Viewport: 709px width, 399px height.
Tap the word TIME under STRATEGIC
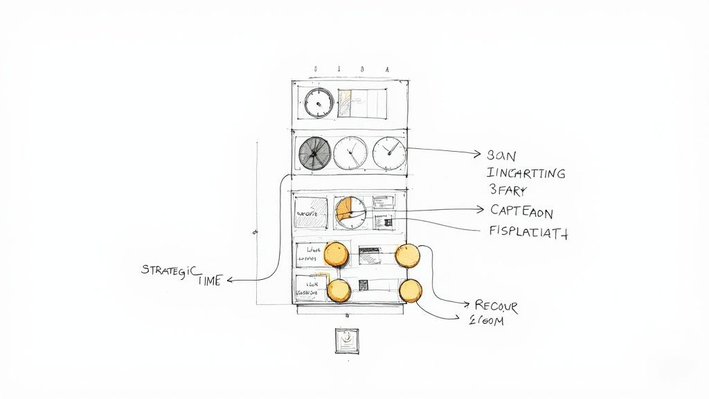pyautogui.click(x=210, y=281)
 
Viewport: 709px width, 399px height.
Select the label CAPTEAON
pyautogui.click(x=521, y=211)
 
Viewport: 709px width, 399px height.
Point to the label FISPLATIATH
pyautogui.click(x=528, y=233)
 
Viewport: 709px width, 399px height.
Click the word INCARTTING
pyautogui.click(x=526, y=172)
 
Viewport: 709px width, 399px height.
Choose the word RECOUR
pyautogui.click(x=496, y=305)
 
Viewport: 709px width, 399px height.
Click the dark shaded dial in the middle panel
pyautogui.click(x=314, y=153)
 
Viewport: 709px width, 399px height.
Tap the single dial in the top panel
pyautogui.click(x=318, y=103)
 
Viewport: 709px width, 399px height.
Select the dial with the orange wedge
pyautogui.click(x=350, y=213)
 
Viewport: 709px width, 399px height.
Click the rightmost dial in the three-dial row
pyautogui.click(x=390, y=153)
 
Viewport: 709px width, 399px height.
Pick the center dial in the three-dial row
pyautogui.click(x=351, y=153)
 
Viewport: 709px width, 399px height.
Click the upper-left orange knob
pyautogui.click(x=336, y=254)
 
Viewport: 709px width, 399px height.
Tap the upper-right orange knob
pyautogui.click(x=407, y=255)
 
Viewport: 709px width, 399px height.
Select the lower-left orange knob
pyautogui.click(x=339, y=290)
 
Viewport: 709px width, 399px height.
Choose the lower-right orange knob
pyautogui.click(x=410, y=290)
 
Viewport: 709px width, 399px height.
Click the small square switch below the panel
pyautogui.click(x=345, y=340)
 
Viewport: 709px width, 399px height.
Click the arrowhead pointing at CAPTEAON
pyautogui.click(x=481, y=209)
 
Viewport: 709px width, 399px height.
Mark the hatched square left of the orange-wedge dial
pyautogui.click(x=310, y=213)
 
